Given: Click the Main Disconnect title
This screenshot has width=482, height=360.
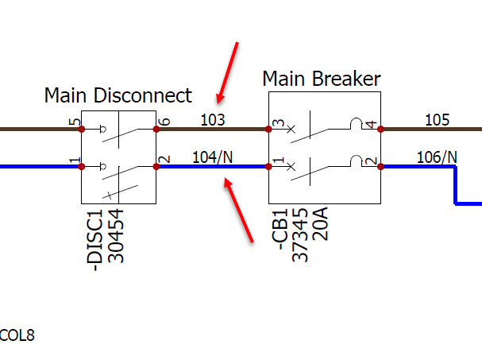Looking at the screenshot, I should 118,96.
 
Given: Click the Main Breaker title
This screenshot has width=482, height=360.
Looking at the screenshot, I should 321,79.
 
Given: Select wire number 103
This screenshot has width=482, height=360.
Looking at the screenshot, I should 212,120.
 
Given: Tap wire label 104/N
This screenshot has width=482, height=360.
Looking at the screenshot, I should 213,157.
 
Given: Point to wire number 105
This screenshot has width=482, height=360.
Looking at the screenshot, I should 437,120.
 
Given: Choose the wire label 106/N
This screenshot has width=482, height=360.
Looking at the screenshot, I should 437,157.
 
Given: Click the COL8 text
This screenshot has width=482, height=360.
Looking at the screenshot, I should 17,335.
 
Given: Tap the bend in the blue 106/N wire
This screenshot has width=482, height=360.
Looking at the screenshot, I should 455,168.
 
